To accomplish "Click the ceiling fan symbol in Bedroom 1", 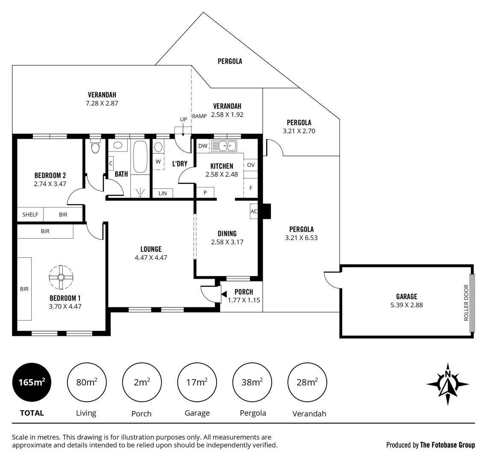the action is click(61, 277).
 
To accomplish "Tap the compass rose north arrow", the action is click(448, 384).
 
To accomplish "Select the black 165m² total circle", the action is click(32, 382).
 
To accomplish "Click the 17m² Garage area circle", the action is click(197, 382).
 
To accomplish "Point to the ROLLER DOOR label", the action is click(466, 303).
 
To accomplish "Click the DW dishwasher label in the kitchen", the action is click(203, 146).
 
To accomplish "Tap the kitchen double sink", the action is click(223, 146).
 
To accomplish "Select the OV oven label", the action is click(251, 165).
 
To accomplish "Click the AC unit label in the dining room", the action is click(254, 211).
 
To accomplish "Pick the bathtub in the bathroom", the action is click(140, 157).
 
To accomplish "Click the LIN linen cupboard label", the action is click(163, 193).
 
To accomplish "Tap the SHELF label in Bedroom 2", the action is click(30, 215).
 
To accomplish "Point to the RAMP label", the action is click(199, 116).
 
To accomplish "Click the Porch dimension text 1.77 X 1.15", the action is click(244, 300).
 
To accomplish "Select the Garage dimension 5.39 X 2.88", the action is click(407, 305).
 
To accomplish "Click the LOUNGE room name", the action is click(151, 249).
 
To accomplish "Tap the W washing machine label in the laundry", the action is click(158, 161).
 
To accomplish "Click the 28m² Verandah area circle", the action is click(307, 382).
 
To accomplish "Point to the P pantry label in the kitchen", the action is click(205, 193).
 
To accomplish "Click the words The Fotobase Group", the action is click(448, 445).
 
